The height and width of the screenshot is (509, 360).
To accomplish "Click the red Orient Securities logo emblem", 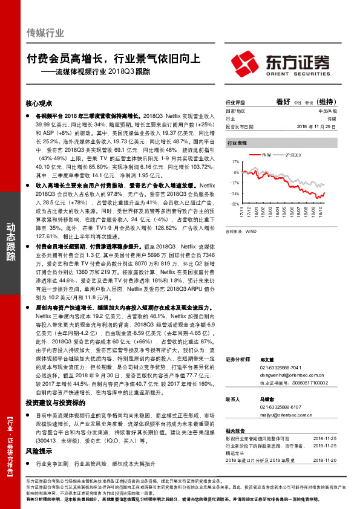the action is pos(244,62).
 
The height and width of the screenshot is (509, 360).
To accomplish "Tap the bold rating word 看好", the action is pos(284,102).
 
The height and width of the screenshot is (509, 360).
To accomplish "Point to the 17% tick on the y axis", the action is pos(235,163).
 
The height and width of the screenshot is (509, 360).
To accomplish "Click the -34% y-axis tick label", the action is pos(234,193).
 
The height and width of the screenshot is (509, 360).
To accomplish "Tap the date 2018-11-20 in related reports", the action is pos(326,460).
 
